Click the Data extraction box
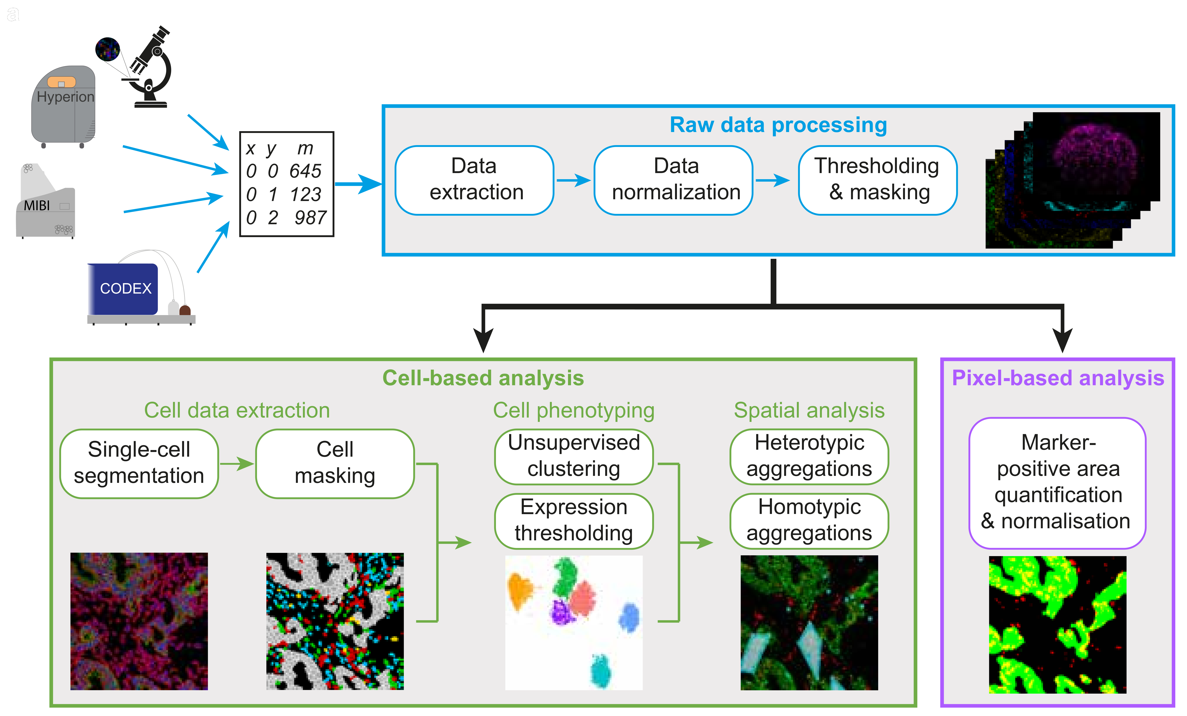point(474,180)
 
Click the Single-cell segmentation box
point(139,463)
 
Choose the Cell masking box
point(335,463)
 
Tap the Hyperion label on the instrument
point(65,97)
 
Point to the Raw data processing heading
point(778,125)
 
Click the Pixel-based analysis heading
point(1058,378)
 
